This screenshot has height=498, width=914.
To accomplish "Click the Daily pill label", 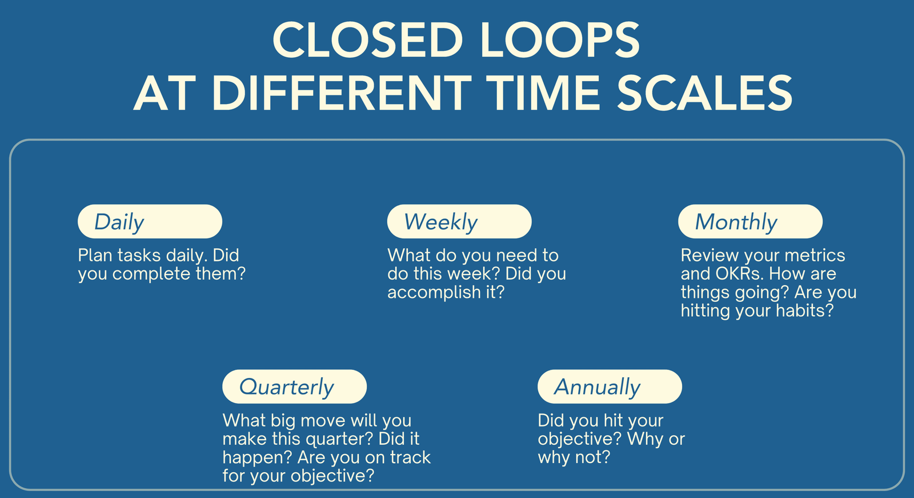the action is pos(150,221).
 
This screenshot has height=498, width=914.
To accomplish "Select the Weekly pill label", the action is pos(459,221).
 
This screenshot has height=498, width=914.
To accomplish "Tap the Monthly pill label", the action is pos(751,221).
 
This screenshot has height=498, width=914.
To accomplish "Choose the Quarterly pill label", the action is pos(295,387).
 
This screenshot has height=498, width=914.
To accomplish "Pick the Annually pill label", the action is pos(610,387).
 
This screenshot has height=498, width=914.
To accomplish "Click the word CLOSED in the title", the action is pos(368,40).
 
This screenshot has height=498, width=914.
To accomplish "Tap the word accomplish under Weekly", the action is pos(434,293).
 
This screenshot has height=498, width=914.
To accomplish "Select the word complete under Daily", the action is pos(151,274).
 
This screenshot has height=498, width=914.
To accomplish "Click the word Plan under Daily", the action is pos(95,256).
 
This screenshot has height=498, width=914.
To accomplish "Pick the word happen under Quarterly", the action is pos(257,458).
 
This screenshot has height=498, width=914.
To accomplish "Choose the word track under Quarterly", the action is pos(410,457).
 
